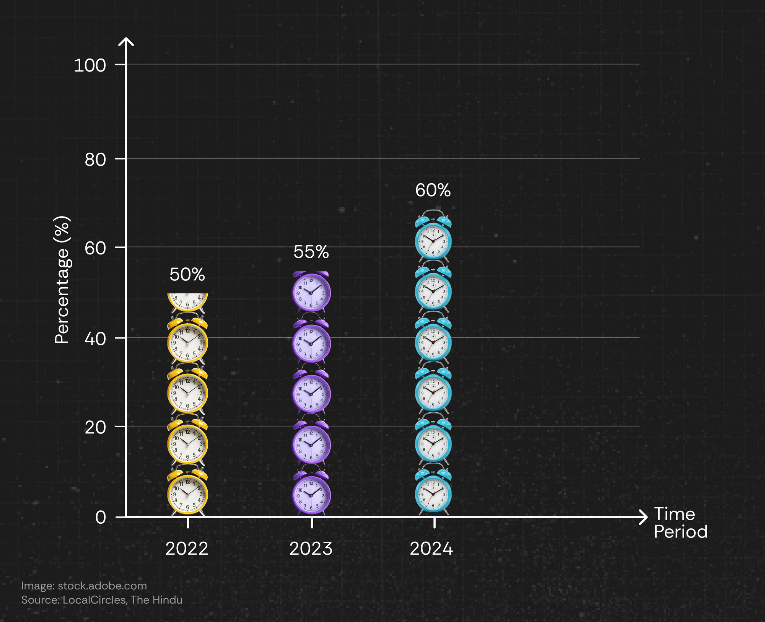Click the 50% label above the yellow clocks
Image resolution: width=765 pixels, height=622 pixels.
[x=187, y=275]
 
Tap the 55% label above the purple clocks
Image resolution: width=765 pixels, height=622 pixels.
[x=311, y=252]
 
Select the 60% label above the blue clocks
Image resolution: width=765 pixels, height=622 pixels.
[x=433, y=191]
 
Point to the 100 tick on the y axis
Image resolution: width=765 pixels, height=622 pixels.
[x=90, y=65]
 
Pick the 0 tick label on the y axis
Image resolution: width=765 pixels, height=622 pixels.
[x=101, y=517]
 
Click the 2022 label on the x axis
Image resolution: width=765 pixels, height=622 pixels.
[x=187, y=549]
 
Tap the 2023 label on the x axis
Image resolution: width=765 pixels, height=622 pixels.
[x=311, y=549]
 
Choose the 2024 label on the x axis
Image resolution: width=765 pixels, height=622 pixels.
[x=431, y=549]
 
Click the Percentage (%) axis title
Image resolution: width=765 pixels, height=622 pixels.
[x=62, y=280]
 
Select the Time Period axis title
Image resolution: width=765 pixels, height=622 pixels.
[x=680, y=523]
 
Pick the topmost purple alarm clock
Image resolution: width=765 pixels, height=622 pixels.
[x=311, y=292]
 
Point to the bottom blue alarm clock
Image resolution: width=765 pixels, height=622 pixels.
[x=433, y=492]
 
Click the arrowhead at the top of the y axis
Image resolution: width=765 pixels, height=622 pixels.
[x=126, y=41]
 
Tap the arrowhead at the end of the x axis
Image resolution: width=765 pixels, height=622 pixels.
[x=644, y=517]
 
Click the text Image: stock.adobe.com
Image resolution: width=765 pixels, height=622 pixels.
[x=84, y=586]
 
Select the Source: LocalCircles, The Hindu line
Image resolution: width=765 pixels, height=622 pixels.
[x=102, y=599]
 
